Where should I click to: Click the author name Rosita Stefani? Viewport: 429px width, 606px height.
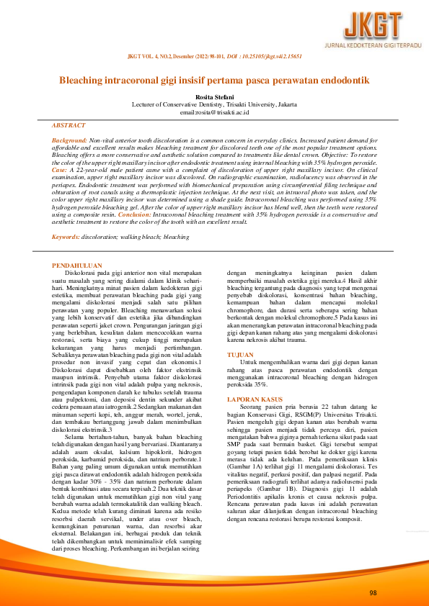click(214, 96)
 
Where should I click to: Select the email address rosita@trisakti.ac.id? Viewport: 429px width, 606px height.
click(214, 112)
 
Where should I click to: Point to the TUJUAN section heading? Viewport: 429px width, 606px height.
click(240, 356)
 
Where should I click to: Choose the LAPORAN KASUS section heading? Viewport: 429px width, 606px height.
click(255, 397)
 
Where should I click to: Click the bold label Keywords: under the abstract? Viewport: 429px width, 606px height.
click(66, 236)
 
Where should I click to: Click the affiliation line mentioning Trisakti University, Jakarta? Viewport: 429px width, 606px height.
click(214, 104)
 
